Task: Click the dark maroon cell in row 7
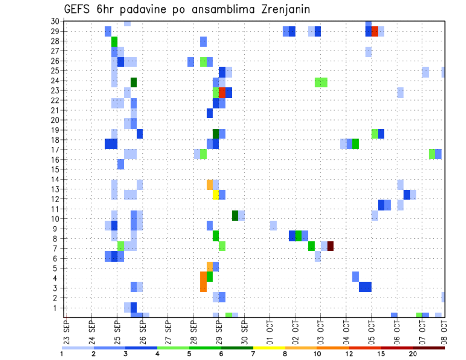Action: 331,246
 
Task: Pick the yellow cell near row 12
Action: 216,195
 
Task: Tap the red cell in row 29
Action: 375,32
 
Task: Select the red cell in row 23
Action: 222,92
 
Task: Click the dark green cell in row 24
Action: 133,82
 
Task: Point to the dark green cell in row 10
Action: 235,215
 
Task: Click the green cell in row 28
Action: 115,41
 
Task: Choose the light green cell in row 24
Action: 321,82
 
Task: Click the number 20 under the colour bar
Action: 413,354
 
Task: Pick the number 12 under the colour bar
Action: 349,354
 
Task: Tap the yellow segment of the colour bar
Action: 269,348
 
